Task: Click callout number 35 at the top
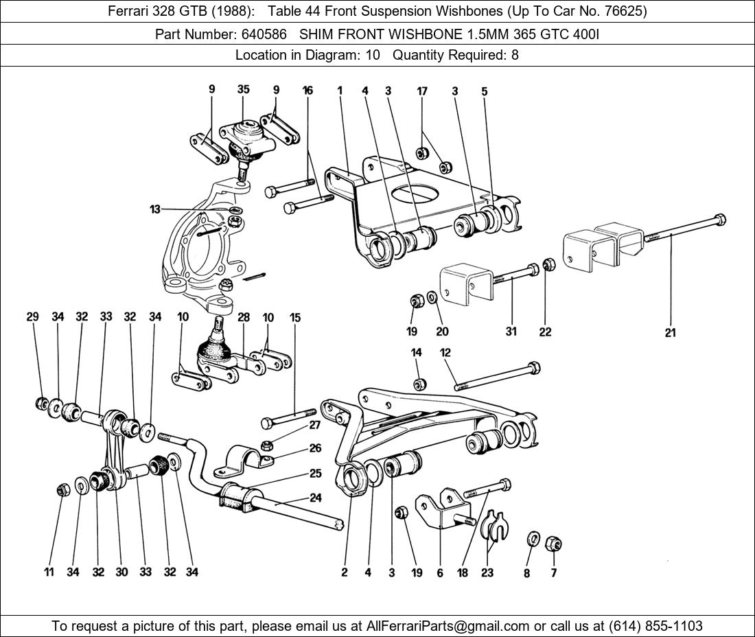pyautogui.click(x=244, y=89)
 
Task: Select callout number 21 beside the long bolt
pyautogui.click(x=670, y=333)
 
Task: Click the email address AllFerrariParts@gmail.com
pyautogui.click(x=448, y=626)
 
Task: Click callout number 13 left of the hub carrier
pyautogui.click(x=155, y=209)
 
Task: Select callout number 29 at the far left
pyautogui.click(x=32, y=316)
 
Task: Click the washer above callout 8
pyautogui.click(x=531, y=539)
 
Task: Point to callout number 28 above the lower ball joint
pyautogui.click(x=244, y=317)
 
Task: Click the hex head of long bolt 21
pyautogui.click(x=719, y=221)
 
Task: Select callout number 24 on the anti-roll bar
pyautogui.click(x=315, y=498)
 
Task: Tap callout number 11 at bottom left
pyautogui.click(x=49, y=572)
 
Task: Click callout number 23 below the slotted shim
pyautogui.click(x=487, y=573)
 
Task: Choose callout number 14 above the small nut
pyautogui.click(x=417, y=353)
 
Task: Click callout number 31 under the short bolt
pyautogui.click(x=511, y=332)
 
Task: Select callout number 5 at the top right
pyautogui.click(x=485, y=91)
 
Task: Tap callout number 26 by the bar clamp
pyautogui.click(x=315, y=449)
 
